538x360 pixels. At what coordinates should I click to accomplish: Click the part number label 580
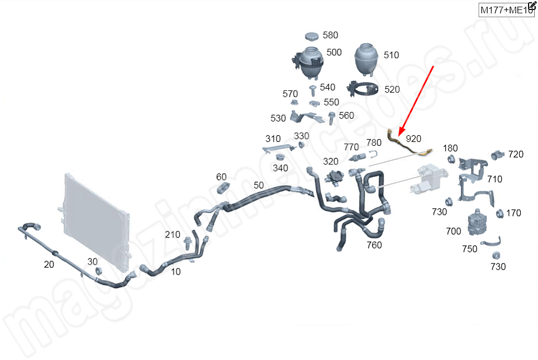[x=330, y=35]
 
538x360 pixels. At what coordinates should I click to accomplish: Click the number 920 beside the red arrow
[x=414, y=138]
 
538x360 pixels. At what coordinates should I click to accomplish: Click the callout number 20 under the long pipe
[x=49, y=265]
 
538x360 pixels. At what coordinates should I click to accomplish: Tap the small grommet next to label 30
[x=99, y=271]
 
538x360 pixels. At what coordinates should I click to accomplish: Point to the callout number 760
[x=374, y=245]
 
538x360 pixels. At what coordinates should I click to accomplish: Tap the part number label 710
[x=494, y=179]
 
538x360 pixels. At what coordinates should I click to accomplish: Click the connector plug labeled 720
[x=497, y=154]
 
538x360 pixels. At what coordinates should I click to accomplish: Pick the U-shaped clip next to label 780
[x=374, y=156]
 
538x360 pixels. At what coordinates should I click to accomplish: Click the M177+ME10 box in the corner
[x=506, y=9]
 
